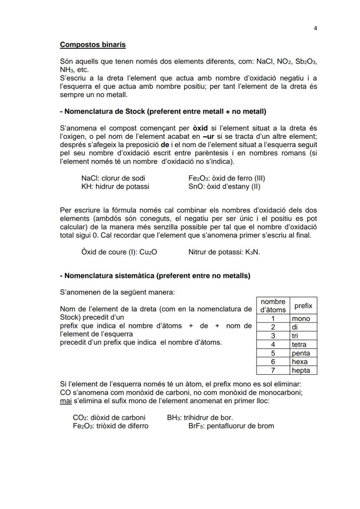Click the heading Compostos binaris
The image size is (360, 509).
click(x=93, y=44)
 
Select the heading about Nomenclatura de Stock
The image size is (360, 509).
click(x=163, y=112)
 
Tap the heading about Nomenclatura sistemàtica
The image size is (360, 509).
click(x=155, y=276)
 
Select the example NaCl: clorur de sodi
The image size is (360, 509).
click(x=113, y=178)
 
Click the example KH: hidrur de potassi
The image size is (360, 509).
click(x=115, y=186)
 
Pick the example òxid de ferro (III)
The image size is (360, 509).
click(x=227, y=178)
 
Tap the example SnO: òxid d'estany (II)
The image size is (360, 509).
click(x=224, y=186)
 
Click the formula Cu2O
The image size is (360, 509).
click(x=148, y=252)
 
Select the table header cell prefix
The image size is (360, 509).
click(x=303, y=306)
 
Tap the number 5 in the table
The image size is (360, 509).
click(x=273, y=353)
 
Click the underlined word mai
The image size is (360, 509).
click(x=65, y=401)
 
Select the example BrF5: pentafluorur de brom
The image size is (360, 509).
click(x=231, y=426)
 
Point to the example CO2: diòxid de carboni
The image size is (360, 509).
click(x=109, y=418)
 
